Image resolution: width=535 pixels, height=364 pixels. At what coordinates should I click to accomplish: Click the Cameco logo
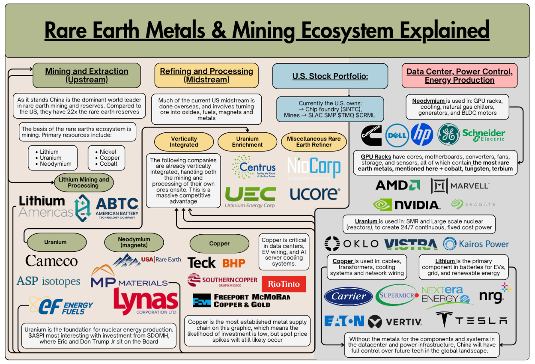click(51, 261)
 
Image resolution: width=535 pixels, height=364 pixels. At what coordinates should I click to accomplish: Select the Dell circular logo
click(397, 135)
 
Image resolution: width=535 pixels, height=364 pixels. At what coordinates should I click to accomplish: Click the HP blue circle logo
click(421, 135)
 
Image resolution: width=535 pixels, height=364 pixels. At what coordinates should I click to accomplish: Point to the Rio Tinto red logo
click(284, 284)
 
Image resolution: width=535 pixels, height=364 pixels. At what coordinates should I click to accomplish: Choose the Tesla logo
click(472, 320)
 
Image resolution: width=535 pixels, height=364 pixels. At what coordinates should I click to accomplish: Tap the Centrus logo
click(253, 168)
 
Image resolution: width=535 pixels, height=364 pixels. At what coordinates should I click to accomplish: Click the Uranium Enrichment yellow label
click(247, 142)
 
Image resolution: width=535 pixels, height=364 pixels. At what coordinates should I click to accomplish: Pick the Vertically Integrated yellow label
click(184, 142)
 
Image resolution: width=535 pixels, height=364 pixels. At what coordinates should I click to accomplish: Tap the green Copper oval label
click(219, 243)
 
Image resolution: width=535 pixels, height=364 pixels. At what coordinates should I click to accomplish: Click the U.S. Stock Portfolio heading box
click(330, 76)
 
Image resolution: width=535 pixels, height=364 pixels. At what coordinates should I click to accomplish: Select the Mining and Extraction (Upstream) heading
click(86, 75)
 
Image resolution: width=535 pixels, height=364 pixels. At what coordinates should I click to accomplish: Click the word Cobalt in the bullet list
click(109, 164)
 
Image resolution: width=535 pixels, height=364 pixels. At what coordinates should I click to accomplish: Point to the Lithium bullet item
click(49, 152)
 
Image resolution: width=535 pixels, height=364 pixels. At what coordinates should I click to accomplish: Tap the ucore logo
click(315, 194)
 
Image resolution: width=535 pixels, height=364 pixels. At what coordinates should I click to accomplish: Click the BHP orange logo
click(234, 263)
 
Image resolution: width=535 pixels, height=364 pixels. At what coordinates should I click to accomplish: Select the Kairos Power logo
click(476, 244)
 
